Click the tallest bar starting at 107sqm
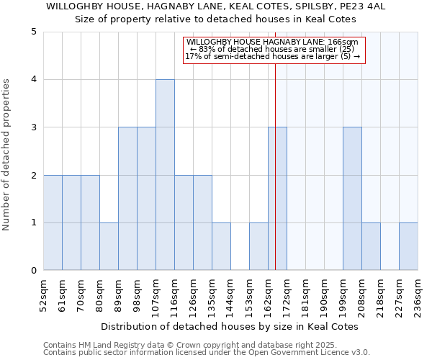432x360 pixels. click(x=165, y=175)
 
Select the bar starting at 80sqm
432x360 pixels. click(x=109, y=246)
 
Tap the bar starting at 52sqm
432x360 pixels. click(x=53, y=222)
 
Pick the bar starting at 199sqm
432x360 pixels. click(x=352, y=199)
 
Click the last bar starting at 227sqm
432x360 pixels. click(x=408, y=246)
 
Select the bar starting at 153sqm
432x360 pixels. click(x=258, y=246)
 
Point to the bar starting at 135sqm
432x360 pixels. click(x=221, y=246)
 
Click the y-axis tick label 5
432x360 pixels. click(x=34, y=32)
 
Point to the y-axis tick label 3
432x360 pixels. click(x=34, y=127)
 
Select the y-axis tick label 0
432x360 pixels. click(x=34, y=271)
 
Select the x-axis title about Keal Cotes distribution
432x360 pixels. click(x=230, y=326)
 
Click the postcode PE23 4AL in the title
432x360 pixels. click(x=345, y=6)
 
